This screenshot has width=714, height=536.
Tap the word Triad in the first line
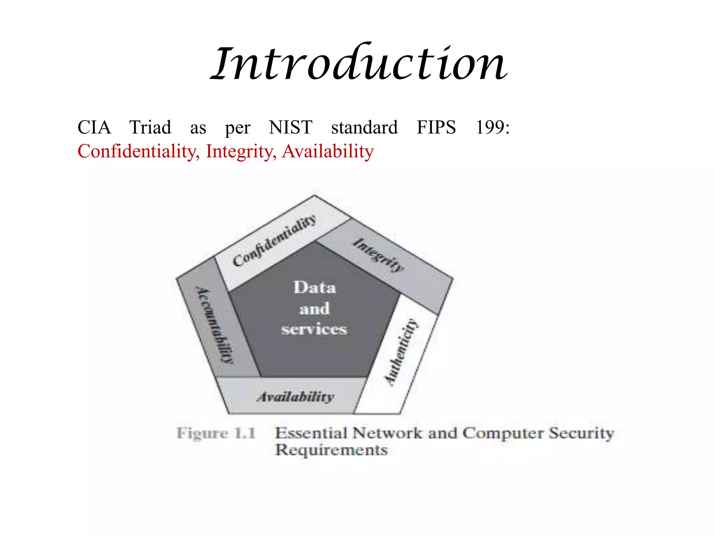click(150, 127)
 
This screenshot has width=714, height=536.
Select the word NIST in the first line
click(290, 127)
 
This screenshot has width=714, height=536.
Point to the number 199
click(492, 127)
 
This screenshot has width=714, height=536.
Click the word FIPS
click(436, 127)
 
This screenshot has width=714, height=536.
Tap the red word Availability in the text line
click(328, 152)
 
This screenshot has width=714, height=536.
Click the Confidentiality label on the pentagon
click(274, 240)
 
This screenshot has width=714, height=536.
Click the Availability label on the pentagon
click(295, 397)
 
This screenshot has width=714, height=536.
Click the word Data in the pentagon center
click(315, 288)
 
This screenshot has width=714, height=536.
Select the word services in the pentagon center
click(314, 329)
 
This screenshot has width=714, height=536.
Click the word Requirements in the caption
click(331, 450)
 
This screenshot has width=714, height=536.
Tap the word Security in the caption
click(581, 433)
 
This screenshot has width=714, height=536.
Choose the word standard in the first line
click(364, 127)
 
